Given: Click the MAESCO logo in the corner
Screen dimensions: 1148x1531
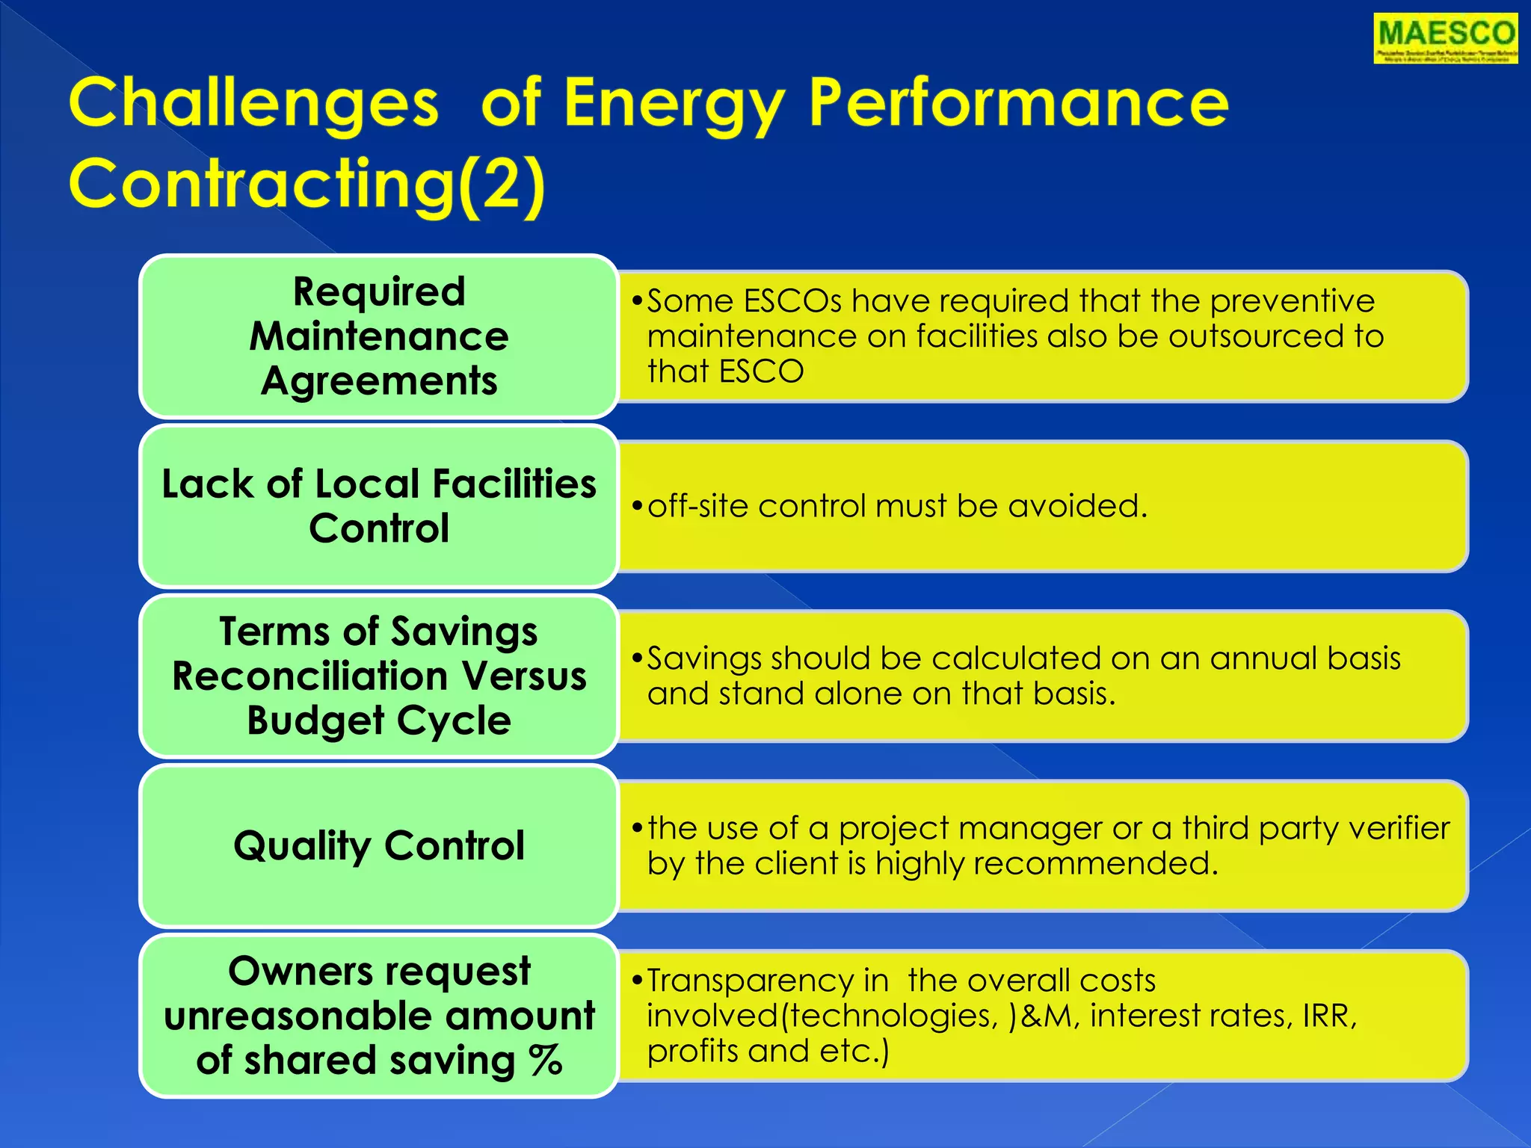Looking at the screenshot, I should click(x=1445, y=39).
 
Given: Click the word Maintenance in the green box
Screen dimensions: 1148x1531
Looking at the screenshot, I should click(x=379, y=336).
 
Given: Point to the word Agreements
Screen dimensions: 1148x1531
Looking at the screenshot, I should click(x=379, y=381).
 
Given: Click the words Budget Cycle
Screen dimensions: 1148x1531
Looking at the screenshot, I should click(x=379, y=721).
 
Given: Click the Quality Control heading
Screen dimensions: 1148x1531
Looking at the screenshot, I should click(x=379, y=846).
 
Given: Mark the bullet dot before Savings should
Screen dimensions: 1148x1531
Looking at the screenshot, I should click(x=637, y=658).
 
